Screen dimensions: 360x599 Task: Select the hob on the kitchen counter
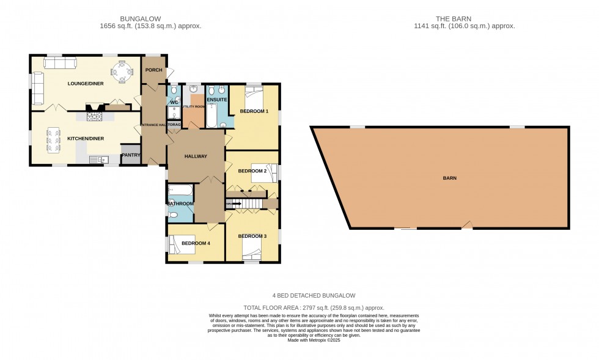[x=95, y=116]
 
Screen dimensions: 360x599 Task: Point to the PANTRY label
[x=131, y=155]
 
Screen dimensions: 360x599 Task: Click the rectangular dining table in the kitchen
[x=53, y=139]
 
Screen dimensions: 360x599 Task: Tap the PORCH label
[x=153, y=70]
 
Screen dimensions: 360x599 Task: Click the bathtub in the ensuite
[x=211, y=116]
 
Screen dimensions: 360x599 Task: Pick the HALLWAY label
[x=196, y=156]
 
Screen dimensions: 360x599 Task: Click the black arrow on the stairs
[x=235, y=204]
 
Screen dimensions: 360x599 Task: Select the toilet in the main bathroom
[x=174, y=215]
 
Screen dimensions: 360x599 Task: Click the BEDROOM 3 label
[x=252, y=237]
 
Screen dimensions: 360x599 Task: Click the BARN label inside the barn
[x=450, y=178]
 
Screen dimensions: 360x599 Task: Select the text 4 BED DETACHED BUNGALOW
[x=314, y=296]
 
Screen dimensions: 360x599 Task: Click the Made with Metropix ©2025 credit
[x=314, y=340]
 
